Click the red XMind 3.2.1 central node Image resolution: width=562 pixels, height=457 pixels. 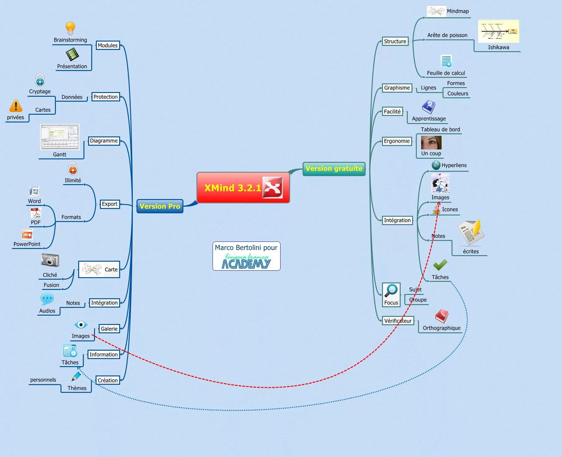tap(243, 188)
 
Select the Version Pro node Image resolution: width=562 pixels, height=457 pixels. tap(160, 206)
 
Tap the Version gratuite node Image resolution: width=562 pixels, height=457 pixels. tap(334, 169)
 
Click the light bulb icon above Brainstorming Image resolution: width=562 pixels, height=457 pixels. tap(70, 28)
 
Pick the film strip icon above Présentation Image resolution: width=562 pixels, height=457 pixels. tap(72, 55)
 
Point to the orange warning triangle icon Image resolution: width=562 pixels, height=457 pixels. tap(16, 106)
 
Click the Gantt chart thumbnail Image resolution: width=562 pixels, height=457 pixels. tap(60, 137)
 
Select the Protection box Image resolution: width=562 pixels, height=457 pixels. tap(106, 97)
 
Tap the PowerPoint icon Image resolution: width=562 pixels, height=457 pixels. tap(27, 234)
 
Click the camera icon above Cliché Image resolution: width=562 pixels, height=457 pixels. tap(50, 260)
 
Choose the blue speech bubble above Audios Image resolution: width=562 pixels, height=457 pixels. tap(47, 299)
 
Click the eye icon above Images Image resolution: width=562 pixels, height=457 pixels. tap(81, 325)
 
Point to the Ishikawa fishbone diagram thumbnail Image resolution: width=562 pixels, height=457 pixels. tap(498, 31)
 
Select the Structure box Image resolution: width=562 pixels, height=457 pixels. tap(395, 41)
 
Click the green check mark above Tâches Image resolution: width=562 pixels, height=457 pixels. tap(440, 265)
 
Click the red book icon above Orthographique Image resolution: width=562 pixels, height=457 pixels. tap(442, 316)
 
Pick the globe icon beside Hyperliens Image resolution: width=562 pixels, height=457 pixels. tap(436, 165)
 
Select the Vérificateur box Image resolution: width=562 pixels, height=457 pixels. tap(398, 321)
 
